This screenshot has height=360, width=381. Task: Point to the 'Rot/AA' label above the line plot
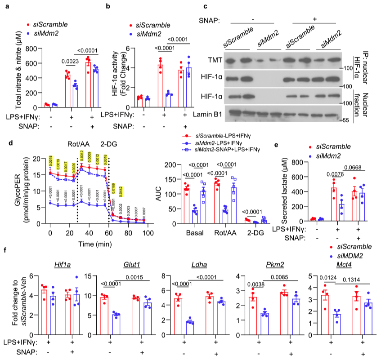78,144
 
